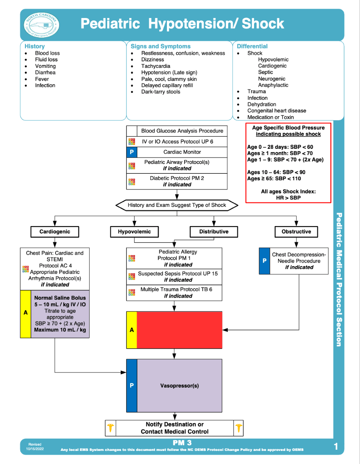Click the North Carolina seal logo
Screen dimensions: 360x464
coord(41,25)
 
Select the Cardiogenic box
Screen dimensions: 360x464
coord(55,232)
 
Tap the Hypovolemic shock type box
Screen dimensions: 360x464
coord(135,232)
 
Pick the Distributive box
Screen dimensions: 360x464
coord(214,232)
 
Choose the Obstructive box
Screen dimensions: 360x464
coord(296,232)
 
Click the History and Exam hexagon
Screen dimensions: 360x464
coord(177,205)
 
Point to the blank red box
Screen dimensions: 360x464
coord(180,330)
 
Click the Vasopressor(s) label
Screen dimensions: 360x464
coord(180,386)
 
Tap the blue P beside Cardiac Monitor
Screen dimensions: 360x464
coord(132,152)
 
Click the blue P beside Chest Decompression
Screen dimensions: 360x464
coord(264,261)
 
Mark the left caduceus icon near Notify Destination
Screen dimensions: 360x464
coord(110,428)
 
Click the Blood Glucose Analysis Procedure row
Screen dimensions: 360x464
coord(177,131)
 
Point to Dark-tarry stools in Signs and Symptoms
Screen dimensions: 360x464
coord(161,92)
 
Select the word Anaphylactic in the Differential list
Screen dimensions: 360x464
coord(273,85)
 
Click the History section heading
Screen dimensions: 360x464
coord(35,46)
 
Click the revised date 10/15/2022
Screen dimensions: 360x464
coord(35,448)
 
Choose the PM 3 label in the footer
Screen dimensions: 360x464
coord(182,443)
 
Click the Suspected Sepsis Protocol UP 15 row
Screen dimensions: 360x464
coord(174,277)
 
